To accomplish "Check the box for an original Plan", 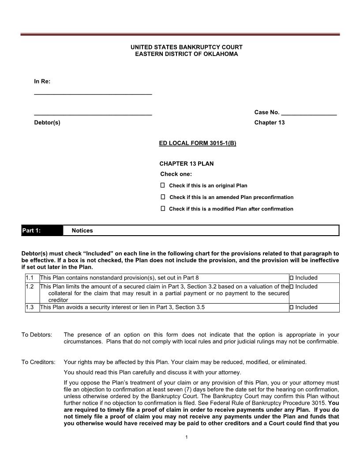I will coord(162,185).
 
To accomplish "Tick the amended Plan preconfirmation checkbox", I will coord(162,197).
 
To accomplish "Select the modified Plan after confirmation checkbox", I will coord(162,208).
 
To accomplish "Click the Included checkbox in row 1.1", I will coord(292,278).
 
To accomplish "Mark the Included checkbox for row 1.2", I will coord(292,287).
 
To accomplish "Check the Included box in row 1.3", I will coord(292,307).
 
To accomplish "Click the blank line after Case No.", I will coord(309,113).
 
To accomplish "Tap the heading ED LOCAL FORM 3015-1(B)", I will coord(198,144).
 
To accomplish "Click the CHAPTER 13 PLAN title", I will coord(187,164).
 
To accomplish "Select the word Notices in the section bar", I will coord(82,231).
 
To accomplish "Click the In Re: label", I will coord(42,82).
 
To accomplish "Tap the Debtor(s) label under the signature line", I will coord(47,123).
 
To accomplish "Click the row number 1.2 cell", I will coord(30,287).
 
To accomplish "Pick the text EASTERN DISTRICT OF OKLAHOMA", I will coord(180,54).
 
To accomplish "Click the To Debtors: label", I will coord(37,334).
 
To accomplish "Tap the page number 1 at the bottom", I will coord(187,437).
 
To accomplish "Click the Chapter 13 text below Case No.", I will coord(270,123).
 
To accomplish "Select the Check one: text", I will coord(176,174).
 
